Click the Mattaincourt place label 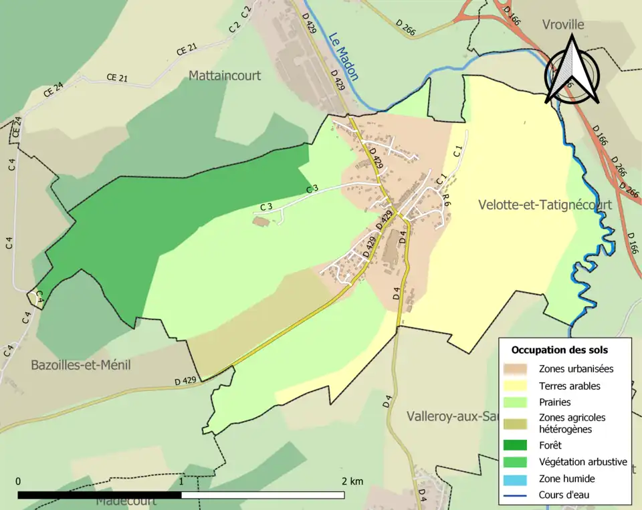click(x=225, y=76)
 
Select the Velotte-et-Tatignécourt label click(x=545, y=205)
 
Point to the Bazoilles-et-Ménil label click(x=81, y=365)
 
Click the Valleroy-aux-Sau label click(x=452, y=416)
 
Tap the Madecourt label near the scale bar click(x=126, y=501)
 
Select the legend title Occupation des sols click(x=559, y=350)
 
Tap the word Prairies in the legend click(x=555, y=402)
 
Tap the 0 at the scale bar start click(x=18, y=481)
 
